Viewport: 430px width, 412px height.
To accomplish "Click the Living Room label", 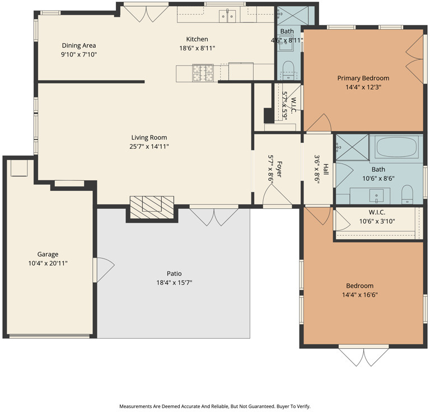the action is coord(149,137).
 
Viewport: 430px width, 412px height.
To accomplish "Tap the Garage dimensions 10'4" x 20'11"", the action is coord(48,264).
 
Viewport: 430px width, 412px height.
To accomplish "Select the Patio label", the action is coord(174,274).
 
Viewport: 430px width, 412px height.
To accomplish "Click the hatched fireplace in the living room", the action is coord(152,207).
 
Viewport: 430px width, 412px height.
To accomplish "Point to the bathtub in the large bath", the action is coord(396,146).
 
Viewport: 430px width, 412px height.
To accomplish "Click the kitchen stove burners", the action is coord(203,73).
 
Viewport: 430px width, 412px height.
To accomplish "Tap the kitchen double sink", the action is coord(227,16).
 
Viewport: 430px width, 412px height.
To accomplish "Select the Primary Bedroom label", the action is coord(363,78).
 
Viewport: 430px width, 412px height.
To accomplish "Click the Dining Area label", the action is coord(79,45).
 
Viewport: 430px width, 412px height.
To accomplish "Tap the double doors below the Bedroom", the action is coord(363,357).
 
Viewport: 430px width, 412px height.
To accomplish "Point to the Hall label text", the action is coord(326,170).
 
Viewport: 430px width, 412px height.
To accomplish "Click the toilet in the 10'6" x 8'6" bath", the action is coord(407,194).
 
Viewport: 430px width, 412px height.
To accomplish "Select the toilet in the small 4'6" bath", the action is coord(288,70).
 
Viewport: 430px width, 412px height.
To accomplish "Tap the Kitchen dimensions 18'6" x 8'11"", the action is coord(197,49).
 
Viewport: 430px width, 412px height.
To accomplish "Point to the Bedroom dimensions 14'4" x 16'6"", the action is coord(360,295).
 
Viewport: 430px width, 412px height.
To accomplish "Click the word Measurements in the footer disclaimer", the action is coord(133,406).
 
